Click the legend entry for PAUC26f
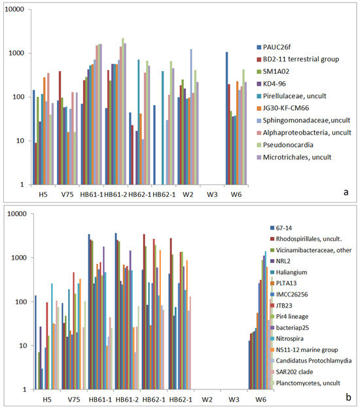pyautogui.click(x=274, y=47)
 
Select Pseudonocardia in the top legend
pyautogui.click(x=285, y=145)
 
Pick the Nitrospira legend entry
pyautogui.click(x=287, y=338)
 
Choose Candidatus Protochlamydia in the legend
pyautogui.click(x=311, y=361)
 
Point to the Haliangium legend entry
pyautogui.click(x=289, y=272)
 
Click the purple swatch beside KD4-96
pyautogui.click(x=259, y=84)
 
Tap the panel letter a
pyautogui.click(x=346, y=192)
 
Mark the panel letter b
pyautogui.click(x=348, y=397)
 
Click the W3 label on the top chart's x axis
pyautogui.click(x=212, y=194)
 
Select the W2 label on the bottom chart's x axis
pyautogui.click(x=207, y=400)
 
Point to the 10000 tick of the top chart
pyautogui.click(x=14, y=9)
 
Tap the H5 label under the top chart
pyautogui.click(x=43, y=194)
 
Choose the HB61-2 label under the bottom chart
pyautogui.click(x=127, y=400)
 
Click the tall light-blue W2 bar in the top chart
pyautogui.click(x=191, y=117)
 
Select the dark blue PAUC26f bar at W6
pyautogui.click(x=227, y=118)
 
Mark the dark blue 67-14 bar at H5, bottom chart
pyautogui.click(x=36, y=342)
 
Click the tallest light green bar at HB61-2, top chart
pyautogui.click(x=123, y=111)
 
